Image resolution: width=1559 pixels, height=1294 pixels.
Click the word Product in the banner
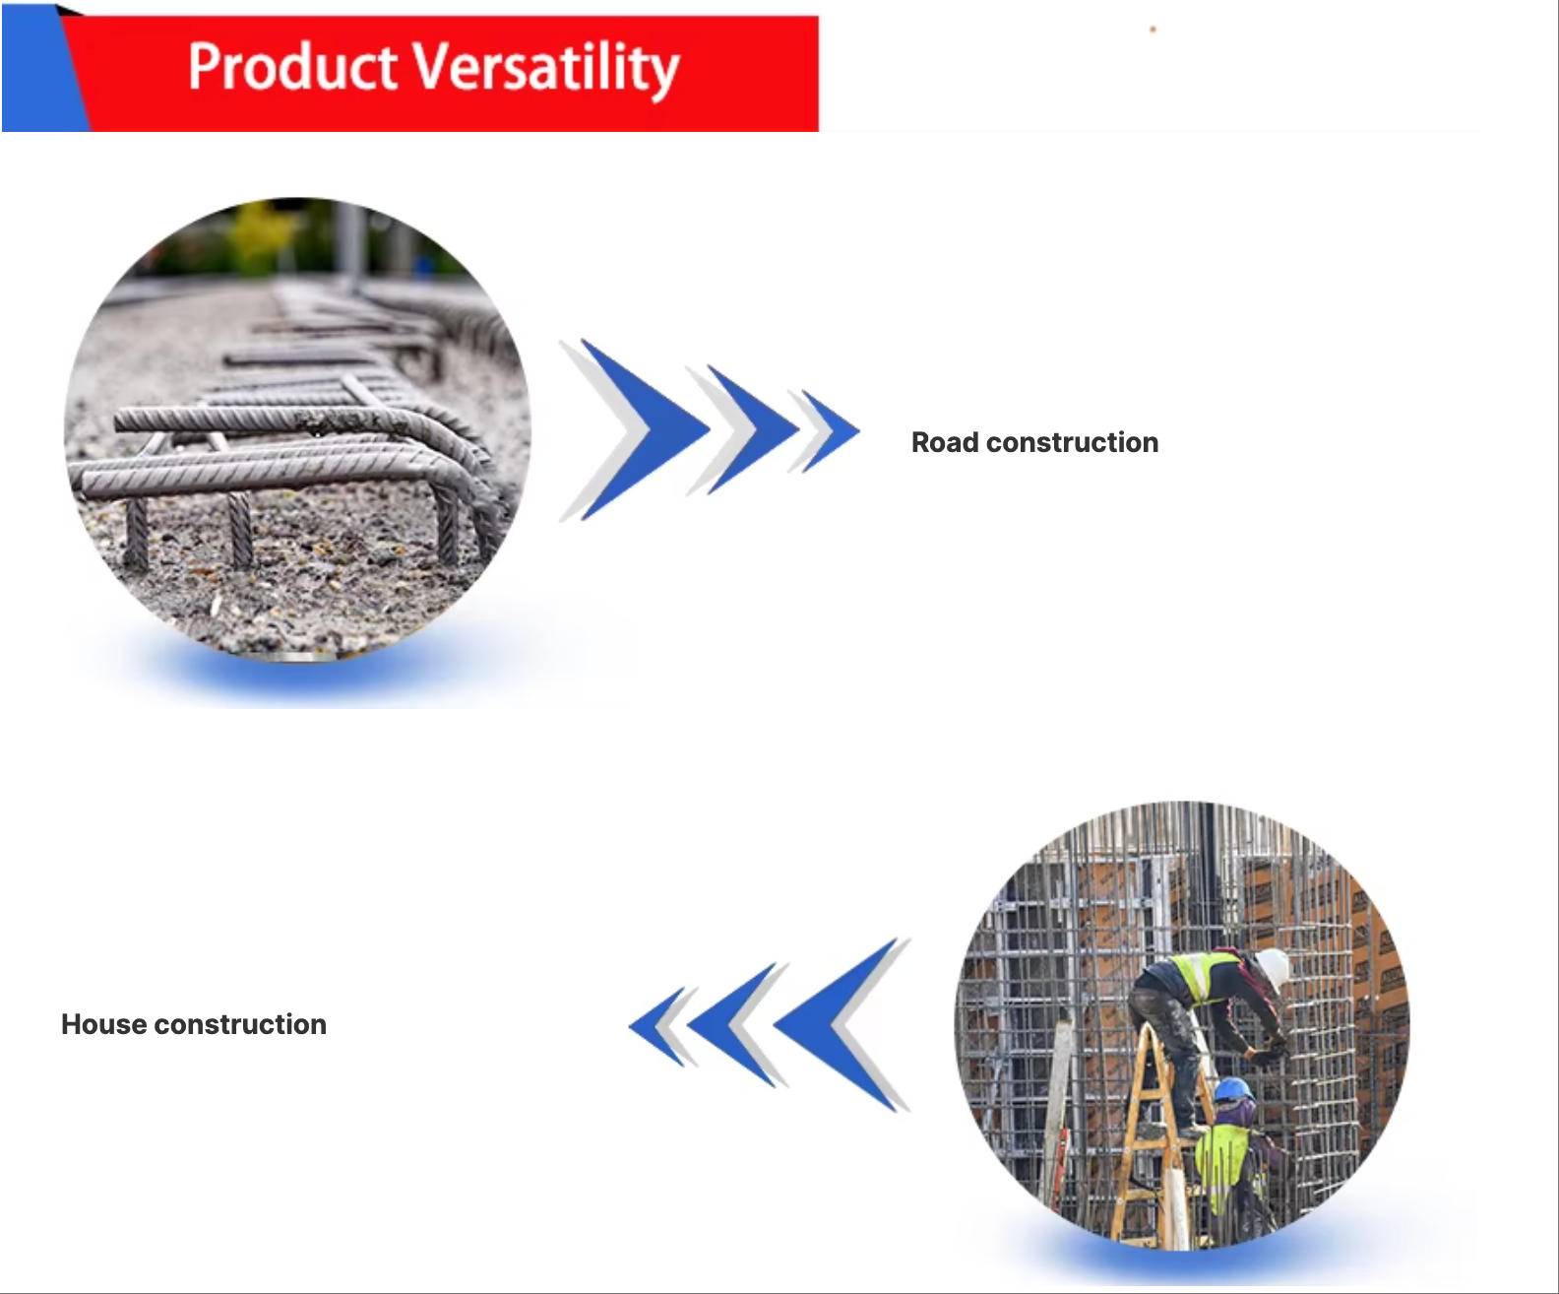point(292,66)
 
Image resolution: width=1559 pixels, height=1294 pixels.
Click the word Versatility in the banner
point(546,69)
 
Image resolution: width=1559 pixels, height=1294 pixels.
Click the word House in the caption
point(103,1024)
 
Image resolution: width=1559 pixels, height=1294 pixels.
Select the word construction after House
point(240,1025)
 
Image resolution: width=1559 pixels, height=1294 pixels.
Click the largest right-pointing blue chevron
point(644,429)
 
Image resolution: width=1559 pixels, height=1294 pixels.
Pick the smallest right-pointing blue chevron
point(831,431)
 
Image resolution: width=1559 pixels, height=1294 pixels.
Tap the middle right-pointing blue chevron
point(753,429)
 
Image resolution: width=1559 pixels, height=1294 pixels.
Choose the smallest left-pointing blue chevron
point(657,1026)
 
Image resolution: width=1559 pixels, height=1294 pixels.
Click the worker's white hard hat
point(1274,967)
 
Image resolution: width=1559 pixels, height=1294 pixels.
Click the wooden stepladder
point(1154,1135)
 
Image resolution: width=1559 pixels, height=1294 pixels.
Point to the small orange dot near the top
point(1153,30)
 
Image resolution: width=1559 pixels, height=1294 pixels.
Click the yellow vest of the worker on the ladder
point(1202,975)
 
